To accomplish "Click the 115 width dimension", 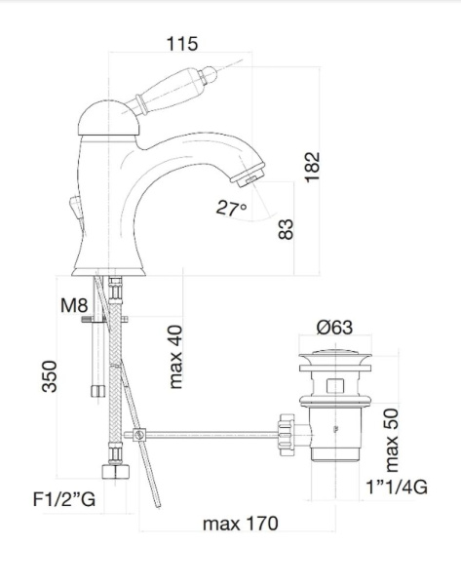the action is pos(181,44).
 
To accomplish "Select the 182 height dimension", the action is pos(312,167).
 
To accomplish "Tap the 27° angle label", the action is pos(231,209).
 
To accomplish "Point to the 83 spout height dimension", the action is pos(287,229).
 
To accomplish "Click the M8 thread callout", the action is pos(74,305).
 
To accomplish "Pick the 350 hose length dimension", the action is pos(50,376).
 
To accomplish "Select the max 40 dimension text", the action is pos(175,357).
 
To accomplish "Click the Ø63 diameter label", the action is pos(334,328).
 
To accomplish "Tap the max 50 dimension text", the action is pos(391,441).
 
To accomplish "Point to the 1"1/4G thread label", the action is pos(396,487).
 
